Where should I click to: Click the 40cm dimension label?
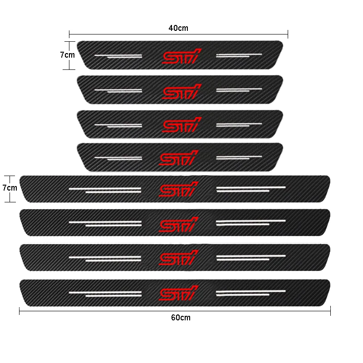click(x=178, y=28)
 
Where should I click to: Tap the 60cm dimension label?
click(x=181, y=318)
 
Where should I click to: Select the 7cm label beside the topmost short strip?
click(x=68, y=55)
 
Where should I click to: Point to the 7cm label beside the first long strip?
click(x=10, y=187)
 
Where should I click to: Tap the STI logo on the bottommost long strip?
click(x=179, y=293)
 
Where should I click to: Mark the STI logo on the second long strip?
click(x=179, y=223)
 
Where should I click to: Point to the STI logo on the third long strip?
click(x=179, y=258)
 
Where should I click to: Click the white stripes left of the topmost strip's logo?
click(x=118, y=56)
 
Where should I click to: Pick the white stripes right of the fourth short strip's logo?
click(x=239, y=157)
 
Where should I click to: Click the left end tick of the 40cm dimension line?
click(x=69, y=34)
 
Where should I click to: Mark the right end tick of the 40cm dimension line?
click(x=288, y=34)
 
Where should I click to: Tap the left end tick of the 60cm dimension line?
click(x=20, y=311)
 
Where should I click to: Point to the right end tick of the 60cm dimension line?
click(x=330, y=311)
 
